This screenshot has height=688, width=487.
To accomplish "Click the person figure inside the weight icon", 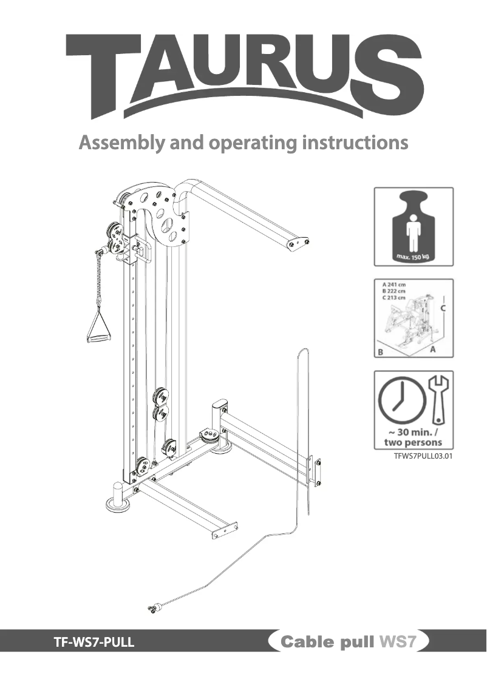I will point(413,232).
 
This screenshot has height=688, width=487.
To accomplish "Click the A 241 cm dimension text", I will point(395,283).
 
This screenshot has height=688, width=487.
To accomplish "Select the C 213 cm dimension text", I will point(395,297).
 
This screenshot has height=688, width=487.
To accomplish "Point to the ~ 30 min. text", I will point(413,432).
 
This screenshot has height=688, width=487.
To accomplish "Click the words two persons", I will point(413,442).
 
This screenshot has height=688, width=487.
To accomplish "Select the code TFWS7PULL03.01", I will point(423,456).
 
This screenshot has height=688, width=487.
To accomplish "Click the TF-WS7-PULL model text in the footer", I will point(94,641).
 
